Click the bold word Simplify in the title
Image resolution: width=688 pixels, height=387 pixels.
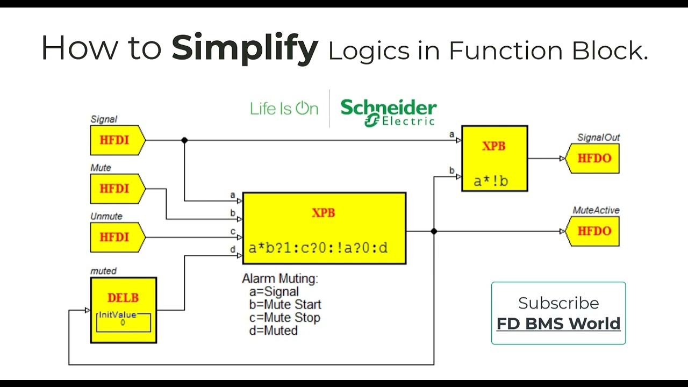(245, 49)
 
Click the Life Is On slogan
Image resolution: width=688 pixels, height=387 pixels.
(284, 109)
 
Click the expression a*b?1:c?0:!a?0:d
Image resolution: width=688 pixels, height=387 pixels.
(318, 248)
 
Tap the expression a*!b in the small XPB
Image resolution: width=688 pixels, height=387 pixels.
(490, 181)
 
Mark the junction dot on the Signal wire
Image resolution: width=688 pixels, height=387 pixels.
(184, 140)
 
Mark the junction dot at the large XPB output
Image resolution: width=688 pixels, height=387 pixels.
(434, 231)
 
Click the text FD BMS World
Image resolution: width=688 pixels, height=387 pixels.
(558, 324)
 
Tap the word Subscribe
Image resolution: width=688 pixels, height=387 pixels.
(558, 303)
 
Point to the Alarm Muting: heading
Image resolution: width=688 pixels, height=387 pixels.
(280, 279)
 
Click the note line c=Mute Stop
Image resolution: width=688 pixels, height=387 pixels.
(284, 318)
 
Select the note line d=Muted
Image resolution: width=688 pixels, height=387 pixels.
(273, 331)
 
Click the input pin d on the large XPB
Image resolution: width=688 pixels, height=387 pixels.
(239, 256)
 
